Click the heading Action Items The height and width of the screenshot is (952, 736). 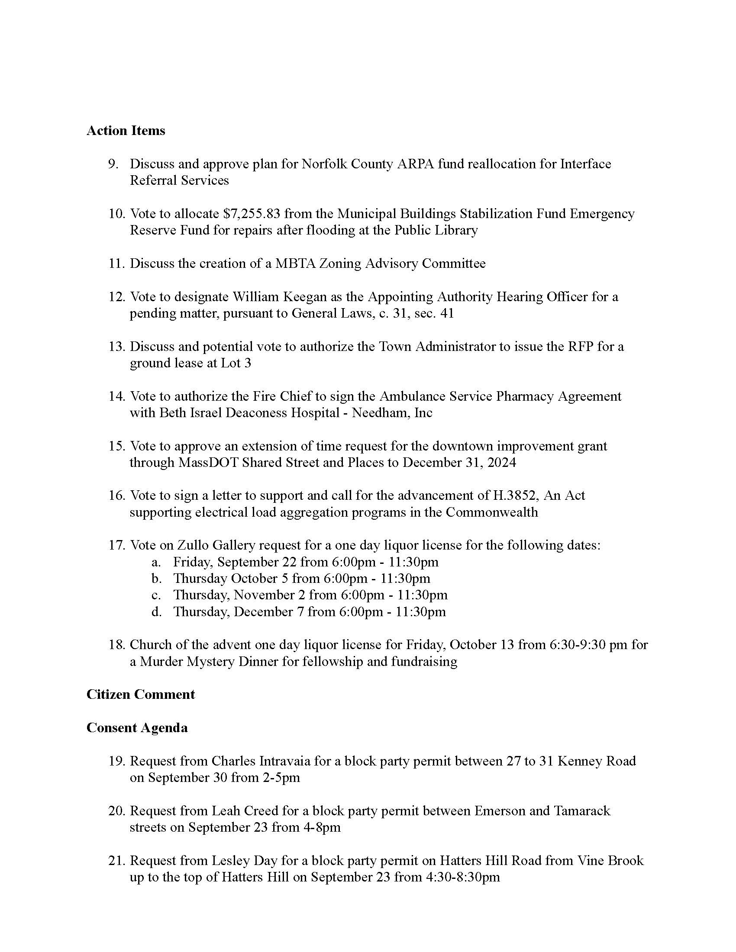click(x=126, y=131)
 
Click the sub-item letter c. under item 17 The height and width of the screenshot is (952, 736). click(x=157, y=595)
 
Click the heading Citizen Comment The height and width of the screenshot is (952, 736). click(x=140, y=695)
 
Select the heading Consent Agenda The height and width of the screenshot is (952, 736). click(x=137, y=727)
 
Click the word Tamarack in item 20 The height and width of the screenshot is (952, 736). click(x=581, y=811)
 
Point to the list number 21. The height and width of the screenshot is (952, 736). click(x=117, y=860)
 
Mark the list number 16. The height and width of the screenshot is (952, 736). click(x=117, y=495)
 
